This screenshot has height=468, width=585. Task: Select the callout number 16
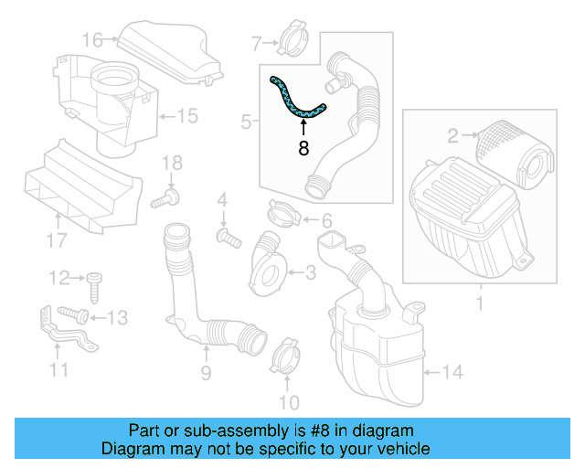(x=91, y=39)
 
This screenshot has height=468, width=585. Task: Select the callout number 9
(x=206, y=372)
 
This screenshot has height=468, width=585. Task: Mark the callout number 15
(x=186, y=116)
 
